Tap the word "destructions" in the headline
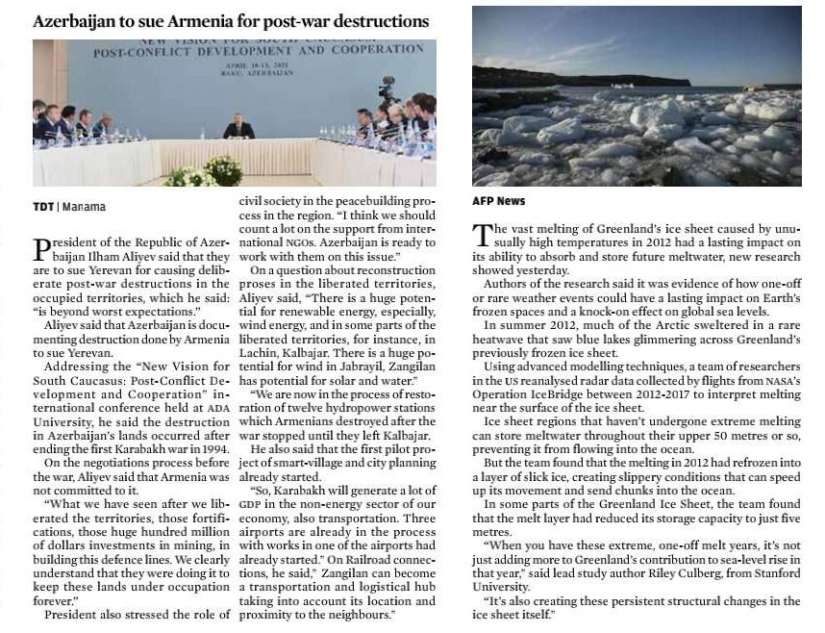pyautogui.click(x=383, y=21)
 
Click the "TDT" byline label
pyautogui.click(x=43, y=207)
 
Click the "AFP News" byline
pyautogui.click(x=498, y=202)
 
